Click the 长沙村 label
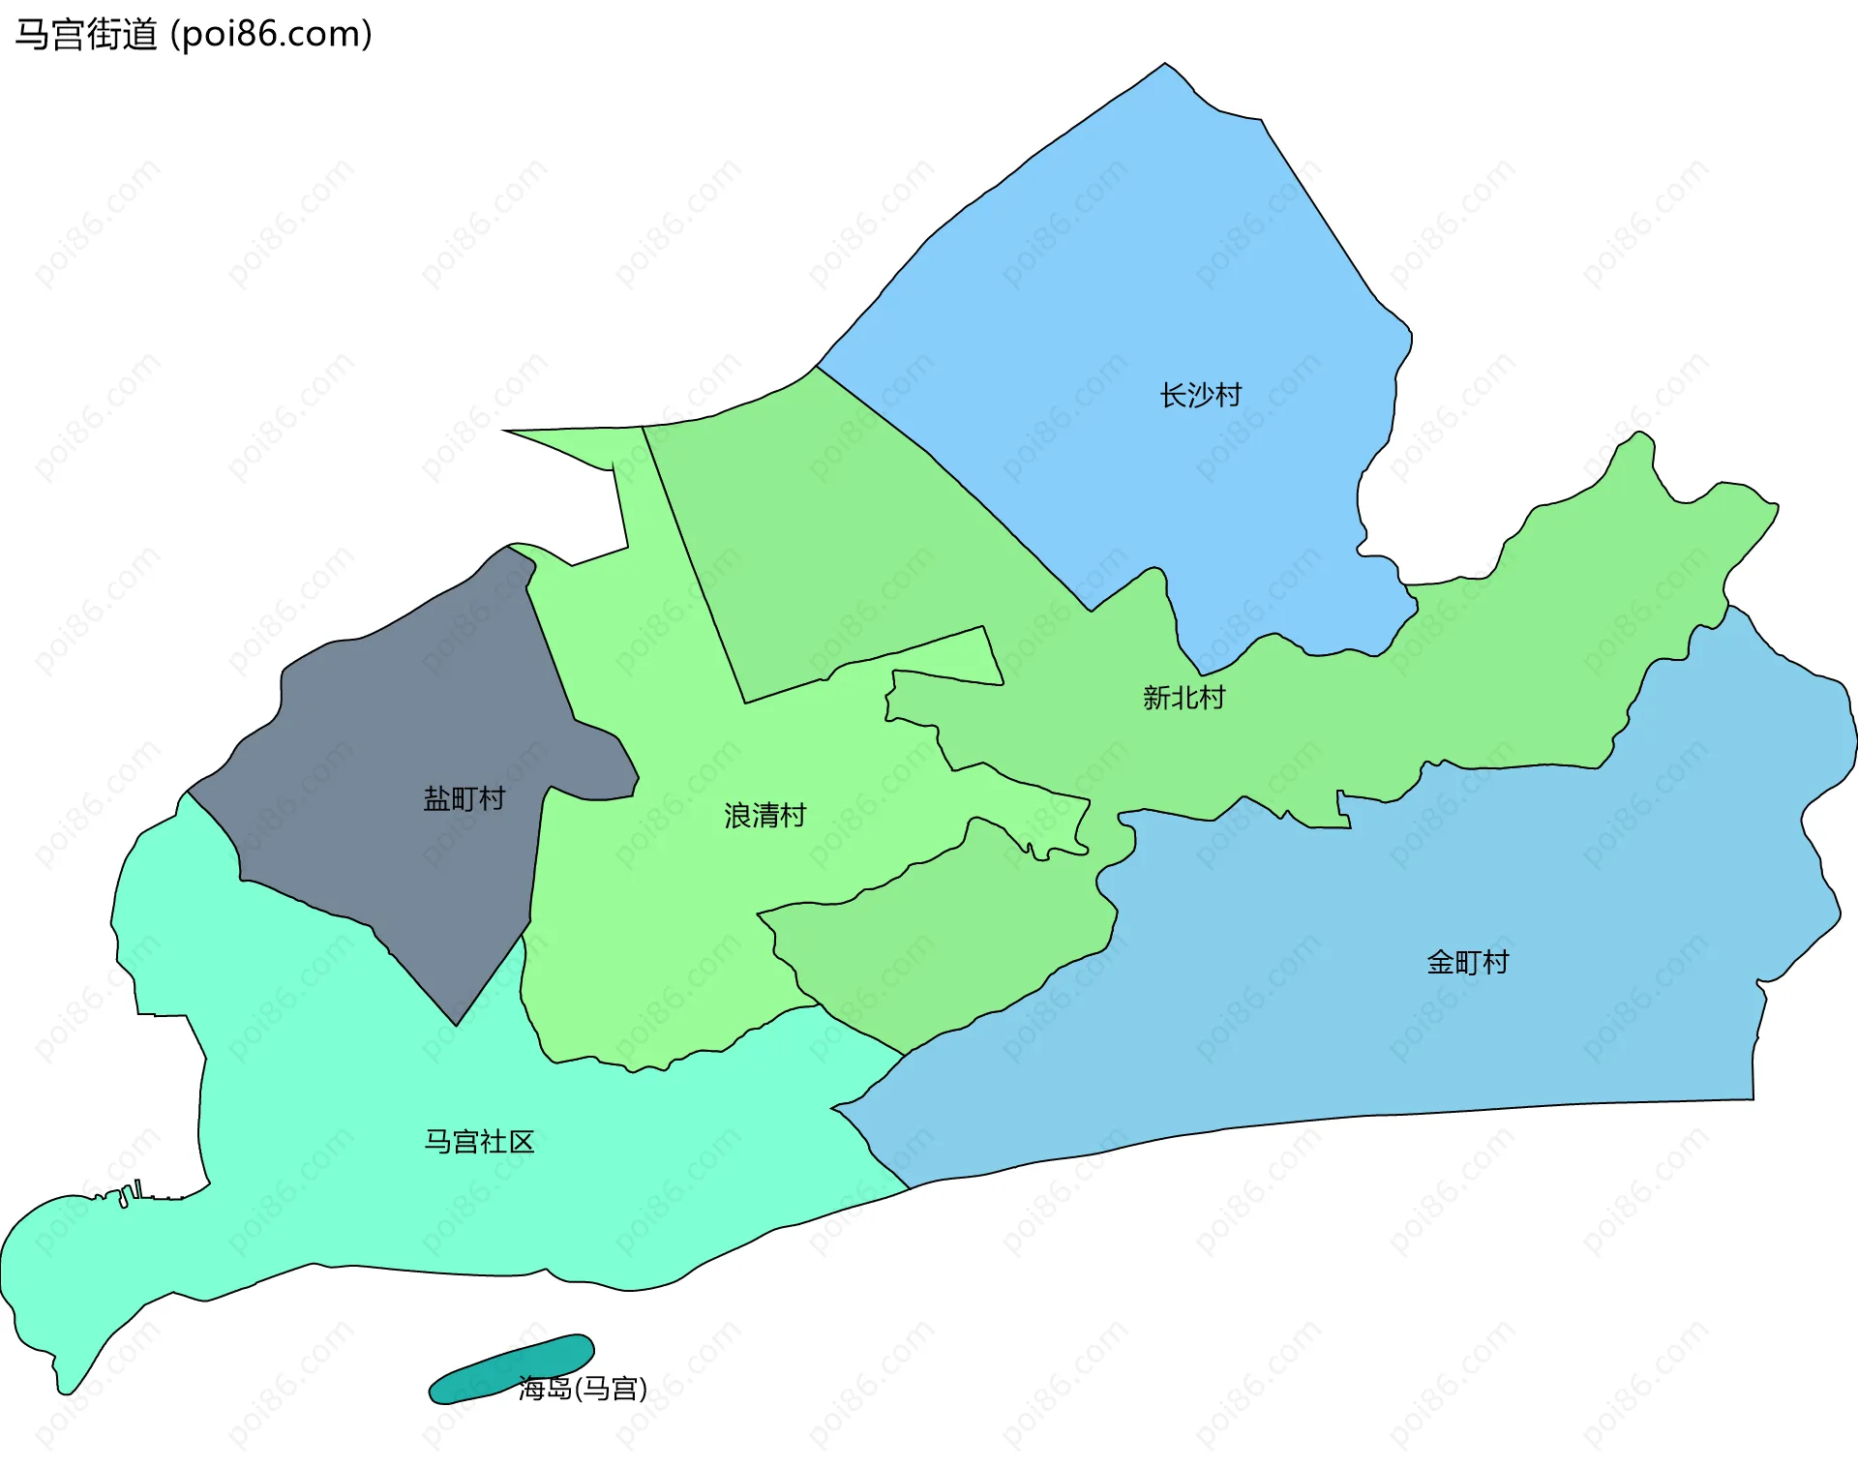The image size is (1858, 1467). [x=1200, y=395]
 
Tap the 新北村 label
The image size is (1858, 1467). [x=1184, y=698]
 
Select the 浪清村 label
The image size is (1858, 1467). [x=764, y=816]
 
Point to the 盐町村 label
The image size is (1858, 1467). [x=464, y=798]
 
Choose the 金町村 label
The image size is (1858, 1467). [x=1467, y=962]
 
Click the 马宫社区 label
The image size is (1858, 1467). [x=479, y=1142]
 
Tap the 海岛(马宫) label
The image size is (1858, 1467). [x=583, y=1389]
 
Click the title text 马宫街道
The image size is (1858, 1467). [x=86, y=35]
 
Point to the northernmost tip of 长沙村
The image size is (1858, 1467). [x=1165, y=65]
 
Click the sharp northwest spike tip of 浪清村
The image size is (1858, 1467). [x=504, y=431]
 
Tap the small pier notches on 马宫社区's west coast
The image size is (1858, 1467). [x=131, y=1193]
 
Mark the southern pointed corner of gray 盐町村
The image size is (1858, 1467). [x=457, y=1024]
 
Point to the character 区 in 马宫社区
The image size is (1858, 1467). [x=523, y=1142]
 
